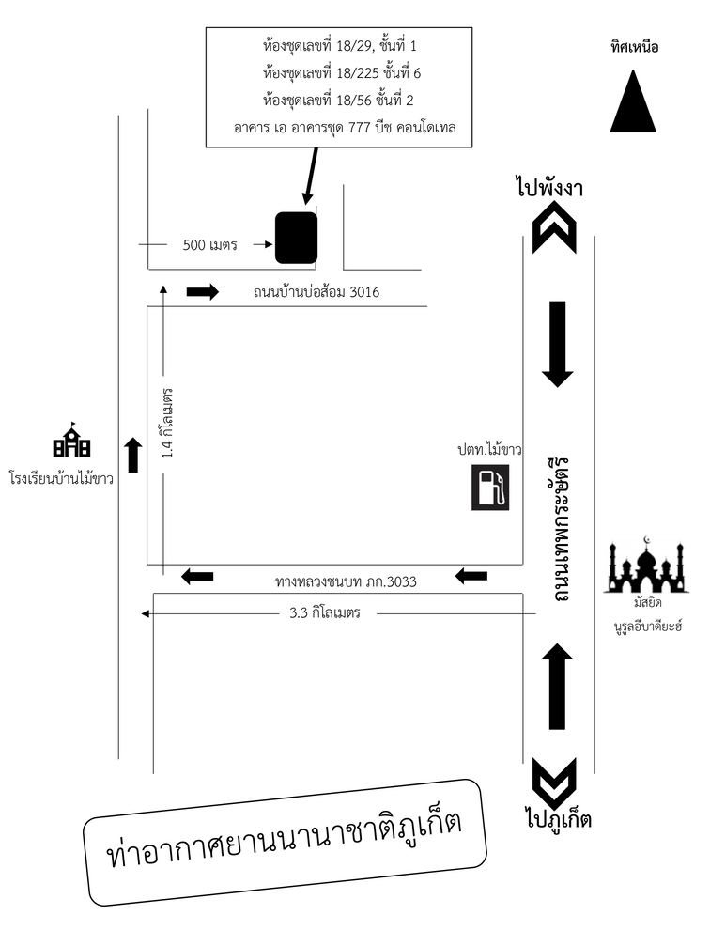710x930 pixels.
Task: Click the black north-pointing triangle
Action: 633,101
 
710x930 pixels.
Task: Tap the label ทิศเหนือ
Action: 634,47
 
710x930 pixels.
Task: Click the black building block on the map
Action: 296,238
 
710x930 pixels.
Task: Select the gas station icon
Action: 490,488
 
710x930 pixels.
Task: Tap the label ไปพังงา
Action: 549,188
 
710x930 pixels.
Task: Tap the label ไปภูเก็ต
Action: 558,817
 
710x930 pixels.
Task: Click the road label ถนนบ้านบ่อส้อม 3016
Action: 316,291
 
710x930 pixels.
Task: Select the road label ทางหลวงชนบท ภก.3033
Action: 346,581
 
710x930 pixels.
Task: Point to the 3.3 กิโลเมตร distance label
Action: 325,612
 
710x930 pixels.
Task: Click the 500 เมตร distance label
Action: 210,244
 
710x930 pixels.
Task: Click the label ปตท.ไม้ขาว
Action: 489,449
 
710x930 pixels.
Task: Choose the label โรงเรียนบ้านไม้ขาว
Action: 62,478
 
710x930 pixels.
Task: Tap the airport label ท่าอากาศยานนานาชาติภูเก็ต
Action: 285,841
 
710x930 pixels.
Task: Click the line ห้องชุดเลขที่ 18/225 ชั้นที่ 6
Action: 342,73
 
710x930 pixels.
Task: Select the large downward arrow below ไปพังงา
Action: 558,344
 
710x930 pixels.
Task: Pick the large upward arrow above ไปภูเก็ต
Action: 557,687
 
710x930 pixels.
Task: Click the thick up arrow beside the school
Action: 133,456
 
